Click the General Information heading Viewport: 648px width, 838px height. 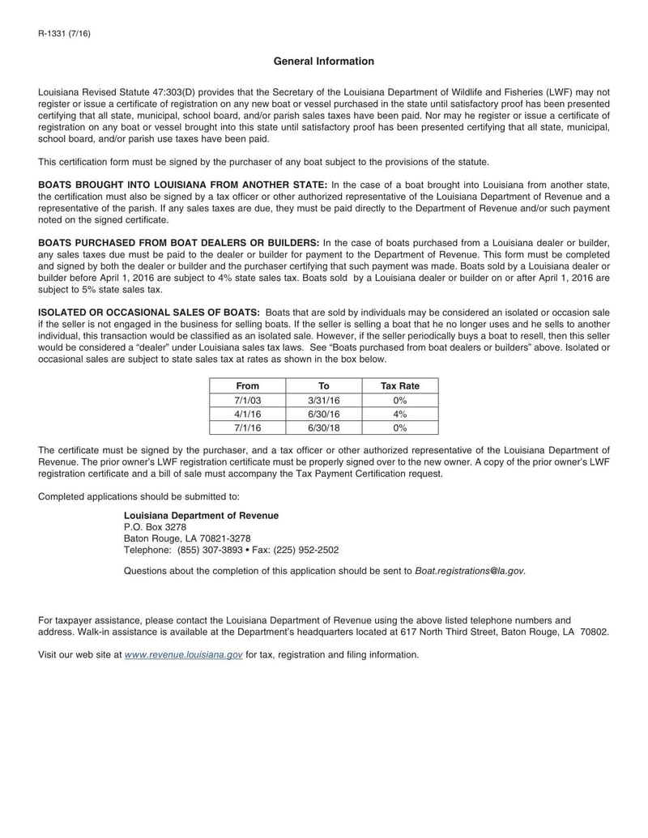pyautogui.click(x=323, y=62)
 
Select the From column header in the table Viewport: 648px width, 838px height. pyautogui.click(x=247, y=386)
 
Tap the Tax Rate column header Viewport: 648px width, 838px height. pyautogui.click(x=399, y=386)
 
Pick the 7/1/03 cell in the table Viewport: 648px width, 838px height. pyautogui.click(x=247, y=400)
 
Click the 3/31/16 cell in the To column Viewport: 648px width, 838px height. pyautogui.click(x=323, y=400)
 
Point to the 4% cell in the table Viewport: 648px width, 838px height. pyautogui.click(x=399, y=414)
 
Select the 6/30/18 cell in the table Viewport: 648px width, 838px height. pyautogui.click(x=323, y=428)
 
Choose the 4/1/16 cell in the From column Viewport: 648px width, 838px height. pyautogui.click(x=247, y=414)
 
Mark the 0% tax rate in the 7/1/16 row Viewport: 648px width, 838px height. pyautogui.click(x=399, y=428)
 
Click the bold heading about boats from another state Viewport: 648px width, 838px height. pyautogui.click(x=183, y=185)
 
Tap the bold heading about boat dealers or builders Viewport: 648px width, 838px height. pyautogui.click(x=179, y=242)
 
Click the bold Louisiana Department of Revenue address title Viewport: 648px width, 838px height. pyautogui.click(x=201, y=515)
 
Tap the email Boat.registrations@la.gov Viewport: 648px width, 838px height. pyautogui.click(x=469, y=571)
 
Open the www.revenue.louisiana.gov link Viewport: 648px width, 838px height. pyautogui.click(x=184, y=654)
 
